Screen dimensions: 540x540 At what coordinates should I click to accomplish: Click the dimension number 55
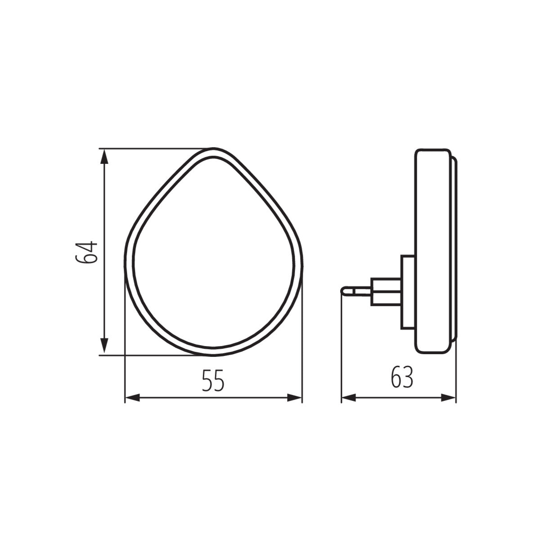click(x=213, y=381)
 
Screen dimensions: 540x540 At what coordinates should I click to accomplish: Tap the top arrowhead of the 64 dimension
click(x=104, y=157)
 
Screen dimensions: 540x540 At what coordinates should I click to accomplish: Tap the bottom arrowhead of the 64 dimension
click(x=104, y=346)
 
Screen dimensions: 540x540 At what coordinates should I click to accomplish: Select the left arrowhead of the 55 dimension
click(x=132, y=397)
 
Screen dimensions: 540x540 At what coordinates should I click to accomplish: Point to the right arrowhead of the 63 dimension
click(x=448, y=397)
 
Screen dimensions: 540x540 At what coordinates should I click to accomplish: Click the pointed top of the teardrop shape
click(x=213, y=150)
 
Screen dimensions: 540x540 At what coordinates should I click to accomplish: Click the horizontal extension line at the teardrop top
click(x=153, y=147)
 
